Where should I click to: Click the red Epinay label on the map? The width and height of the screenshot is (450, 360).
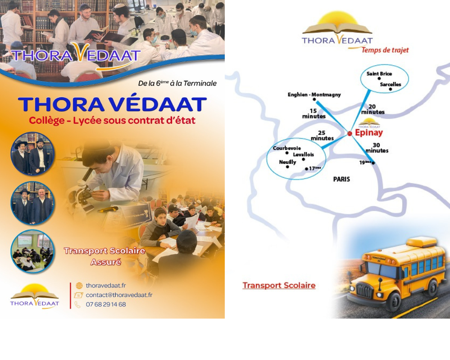(x=369, y=133)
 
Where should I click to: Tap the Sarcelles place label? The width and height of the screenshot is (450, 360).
(x=390, y=84)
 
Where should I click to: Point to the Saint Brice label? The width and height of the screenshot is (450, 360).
(x=379, y=74)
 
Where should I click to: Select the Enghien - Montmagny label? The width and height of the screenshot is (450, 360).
(x=314, y=94)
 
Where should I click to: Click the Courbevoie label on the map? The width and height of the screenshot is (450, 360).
(x=286, y=148)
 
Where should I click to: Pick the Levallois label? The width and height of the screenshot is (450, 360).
(x=303, y=154)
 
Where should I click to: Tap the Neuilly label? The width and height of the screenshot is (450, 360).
(x=287, y=162)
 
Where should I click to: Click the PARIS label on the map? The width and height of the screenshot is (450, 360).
(x=341, y=179)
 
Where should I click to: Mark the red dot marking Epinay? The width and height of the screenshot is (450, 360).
(x=350, y=134)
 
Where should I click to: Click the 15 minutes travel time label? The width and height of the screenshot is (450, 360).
(x=314, y=113)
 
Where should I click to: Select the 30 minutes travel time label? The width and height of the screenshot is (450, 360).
(x=377, y=148)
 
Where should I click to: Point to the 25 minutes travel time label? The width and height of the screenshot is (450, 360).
(x=322, y=135)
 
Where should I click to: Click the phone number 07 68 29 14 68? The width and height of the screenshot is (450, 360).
(x=106, y=304)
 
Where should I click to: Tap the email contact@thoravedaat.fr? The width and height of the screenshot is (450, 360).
(x=119, y=295)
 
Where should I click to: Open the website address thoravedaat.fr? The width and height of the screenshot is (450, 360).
(x=106, y=285)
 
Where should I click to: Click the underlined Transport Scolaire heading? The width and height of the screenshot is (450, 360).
(x=279, y=285)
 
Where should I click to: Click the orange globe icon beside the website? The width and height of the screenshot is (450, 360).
(x=79, y=285)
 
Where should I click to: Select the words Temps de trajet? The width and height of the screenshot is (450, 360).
(x=385, y=50)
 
